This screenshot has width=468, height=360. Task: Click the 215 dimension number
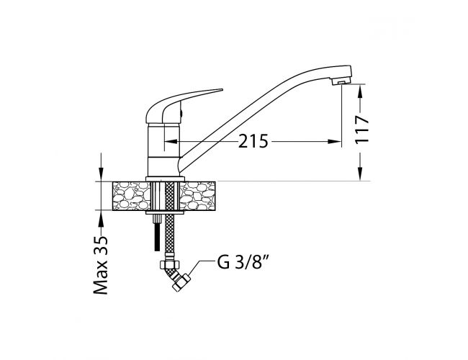(x=253, y=141)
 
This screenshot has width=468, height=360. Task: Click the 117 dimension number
(x=361, y=130)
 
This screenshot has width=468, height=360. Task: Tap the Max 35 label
(x=101, y=265)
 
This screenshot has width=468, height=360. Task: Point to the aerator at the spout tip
(x=341, y=80)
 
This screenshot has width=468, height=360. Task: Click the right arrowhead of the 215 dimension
(x=334, y=141)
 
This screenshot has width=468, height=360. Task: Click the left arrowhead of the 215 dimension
(x=171, y=141)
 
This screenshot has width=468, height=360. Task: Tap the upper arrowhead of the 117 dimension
(x=361, y=91)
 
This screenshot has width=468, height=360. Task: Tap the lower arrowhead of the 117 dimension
(x=361, y=174)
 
